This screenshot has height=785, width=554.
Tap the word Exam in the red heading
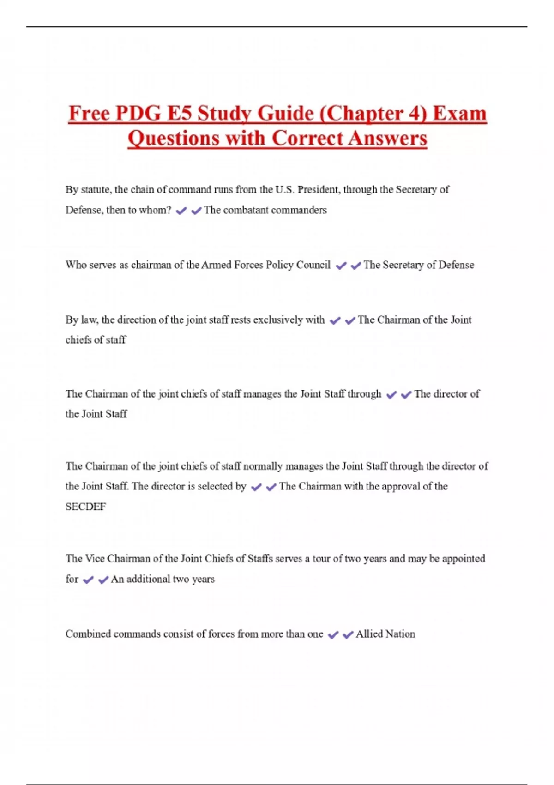coord(459,114)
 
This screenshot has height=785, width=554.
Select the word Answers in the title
coord(387,138)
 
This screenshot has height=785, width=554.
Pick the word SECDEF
coord(86,507)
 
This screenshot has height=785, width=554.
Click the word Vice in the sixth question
coord(95,559)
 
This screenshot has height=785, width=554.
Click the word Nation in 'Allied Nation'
coord(400,634)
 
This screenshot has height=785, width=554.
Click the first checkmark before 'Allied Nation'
coord(333,635)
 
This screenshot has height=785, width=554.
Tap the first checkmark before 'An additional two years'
coord(88,580)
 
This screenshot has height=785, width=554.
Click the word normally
coord(263,466)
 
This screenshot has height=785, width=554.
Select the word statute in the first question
coord(96,190)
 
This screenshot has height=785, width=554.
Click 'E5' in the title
coord(179,114)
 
